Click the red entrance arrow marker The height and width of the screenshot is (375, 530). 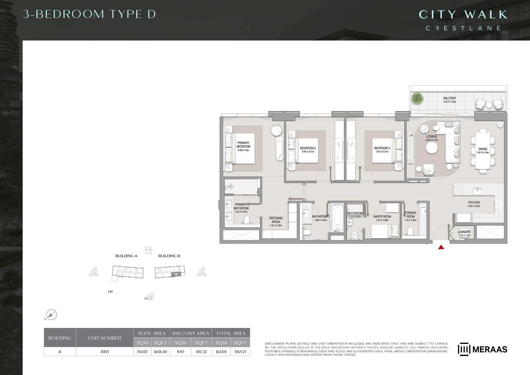point(441,247)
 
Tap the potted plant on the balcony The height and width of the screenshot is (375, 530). point(417,98)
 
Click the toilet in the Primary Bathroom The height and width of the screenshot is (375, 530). point(247,220)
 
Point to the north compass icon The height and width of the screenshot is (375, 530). point(52,315)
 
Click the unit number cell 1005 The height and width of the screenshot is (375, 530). point(105,352)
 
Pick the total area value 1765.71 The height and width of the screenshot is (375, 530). point(240,352)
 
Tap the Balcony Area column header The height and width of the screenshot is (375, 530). point(191,333)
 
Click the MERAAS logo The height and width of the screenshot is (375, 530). point(482,349)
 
